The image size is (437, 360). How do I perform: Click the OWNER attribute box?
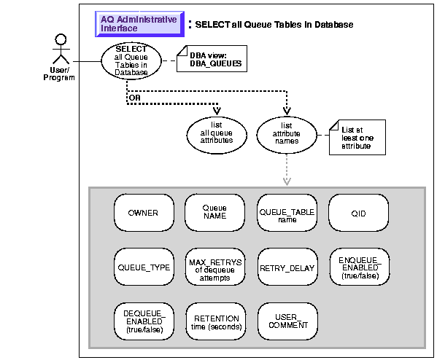coord(144,213)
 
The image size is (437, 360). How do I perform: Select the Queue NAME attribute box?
coord(215,213)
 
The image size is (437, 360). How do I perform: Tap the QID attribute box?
coord(358,213)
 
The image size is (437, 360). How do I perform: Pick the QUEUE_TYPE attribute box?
coord(144,267)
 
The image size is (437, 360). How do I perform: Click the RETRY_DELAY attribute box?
coord(287,267)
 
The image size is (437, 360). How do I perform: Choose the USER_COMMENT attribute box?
coord(287,321)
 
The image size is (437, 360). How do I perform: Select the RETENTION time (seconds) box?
coord(216,321)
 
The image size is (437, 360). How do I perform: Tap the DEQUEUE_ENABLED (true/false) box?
coord(144,321)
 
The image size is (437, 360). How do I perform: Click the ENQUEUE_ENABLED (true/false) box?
coord(360,267)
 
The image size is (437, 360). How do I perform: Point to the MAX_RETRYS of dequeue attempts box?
coord(215,267)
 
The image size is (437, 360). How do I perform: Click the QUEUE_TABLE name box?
coord(287,213)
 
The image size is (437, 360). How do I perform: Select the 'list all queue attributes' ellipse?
coord(217,136)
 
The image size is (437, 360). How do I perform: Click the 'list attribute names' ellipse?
coord(287,136)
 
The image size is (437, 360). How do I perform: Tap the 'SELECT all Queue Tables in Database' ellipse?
coord(131,61)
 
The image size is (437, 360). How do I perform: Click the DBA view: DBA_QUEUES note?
coord(212,59)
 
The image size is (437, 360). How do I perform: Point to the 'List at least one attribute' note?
coord(357,137)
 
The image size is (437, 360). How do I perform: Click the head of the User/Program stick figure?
coord(61,39)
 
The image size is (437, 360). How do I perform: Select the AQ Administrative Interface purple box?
coord(139,24)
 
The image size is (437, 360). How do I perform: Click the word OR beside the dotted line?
coord(135,98)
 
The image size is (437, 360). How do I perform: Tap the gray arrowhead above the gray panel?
coord(287,181)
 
